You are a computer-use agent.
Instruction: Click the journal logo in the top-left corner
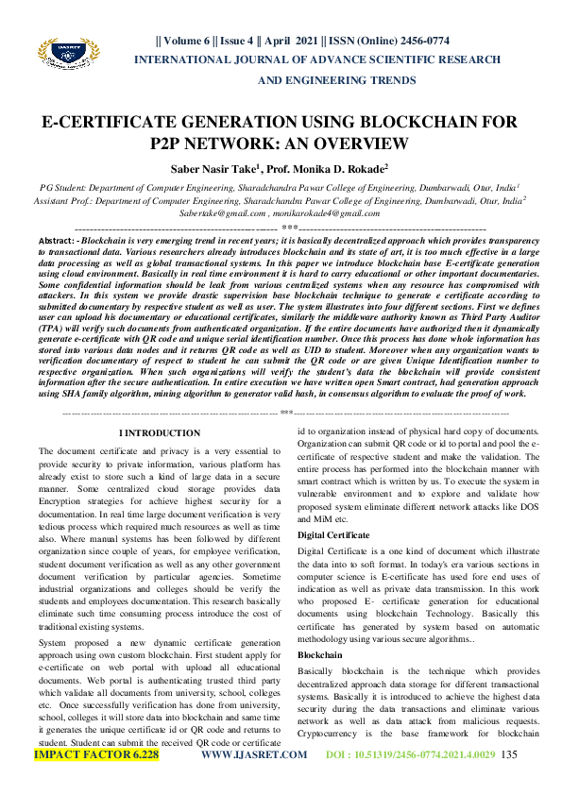[65, 59]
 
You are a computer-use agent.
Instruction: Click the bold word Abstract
[56, 243]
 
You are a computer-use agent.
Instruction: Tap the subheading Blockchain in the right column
[319, 653]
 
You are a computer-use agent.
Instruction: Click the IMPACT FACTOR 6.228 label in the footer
[96, 755]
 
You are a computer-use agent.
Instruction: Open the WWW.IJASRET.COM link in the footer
[255, 755]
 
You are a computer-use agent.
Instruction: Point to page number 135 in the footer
[510, 755]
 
